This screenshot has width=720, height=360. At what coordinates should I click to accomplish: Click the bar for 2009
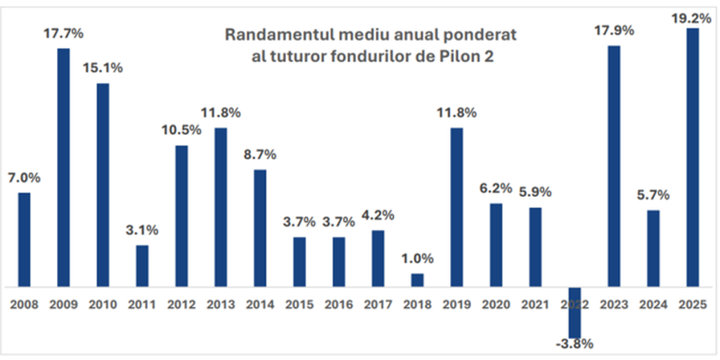pyautogui.click(x=63, y=167)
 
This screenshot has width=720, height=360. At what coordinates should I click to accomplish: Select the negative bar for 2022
pyautogui.click(x=574, y=312)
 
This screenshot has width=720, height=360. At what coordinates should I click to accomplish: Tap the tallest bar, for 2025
pyautogui.click(x=693, y=157)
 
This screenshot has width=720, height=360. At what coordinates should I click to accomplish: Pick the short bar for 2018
pyautogui.click(x=417, y=280)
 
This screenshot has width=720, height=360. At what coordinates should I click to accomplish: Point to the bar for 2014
pyautogui.click(x=260, y=228)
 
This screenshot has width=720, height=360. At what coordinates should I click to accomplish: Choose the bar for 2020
pyautogui.click(x=496, y=245)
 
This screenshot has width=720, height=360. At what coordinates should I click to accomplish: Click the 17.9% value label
pyautogui.click(x=614, y=30)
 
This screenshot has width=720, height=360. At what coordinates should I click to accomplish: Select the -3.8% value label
pyautogui.click(x=574, y=345)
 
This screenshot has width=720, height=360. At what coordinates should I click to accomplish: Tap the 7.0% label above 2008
pyautogui.click(x=24, y=178)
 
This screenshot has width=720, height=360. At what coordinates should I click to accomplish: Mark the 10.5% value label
pyautogui.click(x=181, y=130)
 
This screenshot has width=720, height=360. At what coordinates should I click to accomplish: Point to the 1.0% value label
pyautogui.click(x=417, y=258)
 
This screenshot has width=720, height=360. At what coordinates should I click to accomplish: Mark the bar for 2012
pyautogui.click(x=181, y=216)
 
